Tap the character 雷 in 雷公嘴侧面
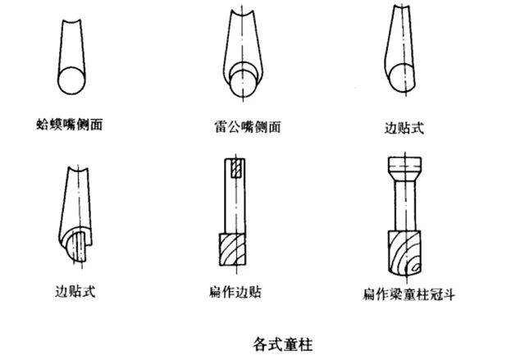tap(218, 128)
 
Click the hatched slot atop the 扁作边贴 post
tap(235, 169)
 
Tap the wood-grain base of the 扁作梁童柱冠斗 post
tap(405, 254)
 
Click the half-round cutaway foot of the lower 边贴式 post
tap(79, 244)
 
